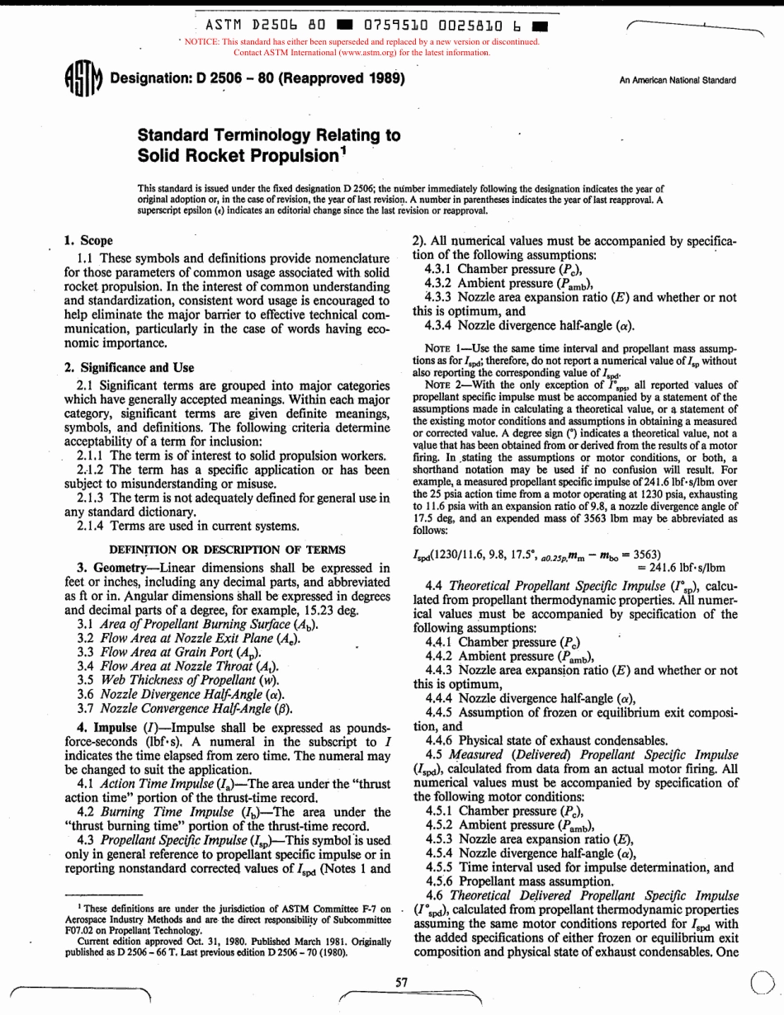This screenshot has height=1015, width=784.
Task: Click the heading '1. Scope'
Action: pos(90,241)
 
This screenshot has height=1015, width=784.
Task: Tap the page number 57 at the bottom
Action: pos(402,983)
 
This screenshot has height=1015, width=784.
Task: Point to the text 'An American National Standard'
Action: pos(678,80)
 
